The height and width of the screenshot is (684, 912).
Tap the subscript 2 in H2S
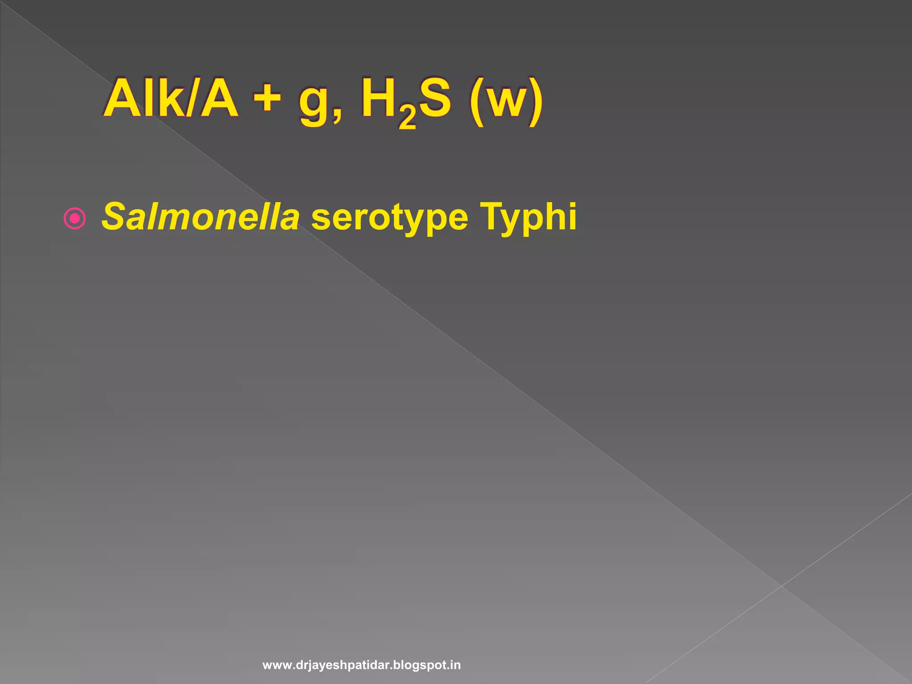click(407, 118)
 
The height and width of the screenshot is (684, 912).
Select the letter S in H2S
click(435, 99)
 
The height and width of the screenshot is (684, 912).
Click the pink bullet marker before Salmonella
click(74, 218)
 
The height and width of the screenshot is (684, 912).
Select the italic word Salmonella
click(200, 217)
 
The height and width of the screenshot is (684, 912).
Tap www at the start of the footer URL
click(277, 665)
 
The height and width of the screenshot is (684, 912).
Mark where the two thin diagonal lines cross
click(781, 586)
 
